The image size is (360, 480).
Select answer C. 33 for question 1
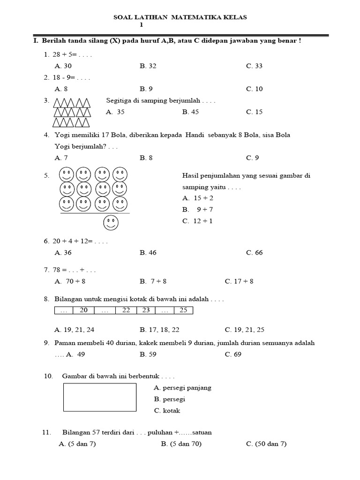tap(254, 66)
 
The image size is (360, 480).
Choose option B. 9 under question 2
tap(146, 89)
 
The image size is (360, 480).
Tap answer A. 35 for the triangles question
tap(115, 112)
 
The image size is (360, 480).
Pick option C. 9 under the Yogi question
tap(252, 158)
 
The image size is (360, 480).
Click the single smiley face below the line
tap(111, 223)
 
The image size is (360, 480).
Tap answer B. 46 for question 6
tap(148, 253)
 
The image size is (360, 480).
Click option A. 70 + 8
tap(70, 282)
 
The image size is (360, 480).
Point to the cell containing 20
tap(84, 310)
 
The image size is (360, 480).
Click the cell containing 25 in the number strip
tap(183, 310)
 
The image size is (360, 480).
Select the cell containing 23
tap(146, 310)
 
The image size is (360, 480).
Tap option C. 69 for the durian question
tap(233, 354)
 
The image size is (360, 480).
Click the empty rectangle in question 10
tap(99, 397)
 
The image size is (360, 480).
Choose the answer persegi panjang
tap(182, 388)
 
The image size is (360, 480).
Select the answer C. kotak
tap(167, 411)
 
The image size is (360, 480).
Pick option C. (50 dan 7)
tap(266, 444)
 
